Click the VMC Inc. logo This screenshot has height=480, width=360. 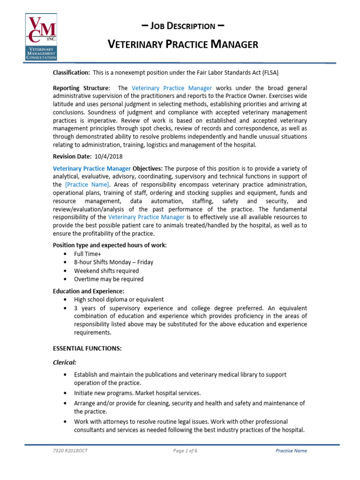pos(41,37)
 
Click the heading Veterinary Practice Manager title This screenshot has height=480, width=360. pos(183,45)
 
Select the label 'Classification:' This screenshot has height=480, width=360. pos(71,72)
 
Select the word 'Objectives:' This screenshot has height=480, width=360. pos(148,168)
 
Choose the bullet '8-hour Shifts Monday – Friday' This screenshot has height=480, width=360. pos(113,262)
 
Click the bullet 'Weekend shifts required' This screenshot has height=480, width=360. pos(106,270)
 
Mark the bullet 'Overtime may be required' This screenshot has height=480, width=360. pos(109,279)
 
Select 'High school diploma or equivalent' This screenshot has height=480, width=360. pos(119,300)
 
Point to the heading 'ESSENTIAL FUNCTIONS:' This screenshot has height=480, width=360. pos(87,348)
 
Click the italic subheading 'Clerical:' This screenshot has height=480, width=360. pos(66,362)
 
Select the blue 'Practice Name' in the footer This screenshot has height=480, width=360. pos(291,451)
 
